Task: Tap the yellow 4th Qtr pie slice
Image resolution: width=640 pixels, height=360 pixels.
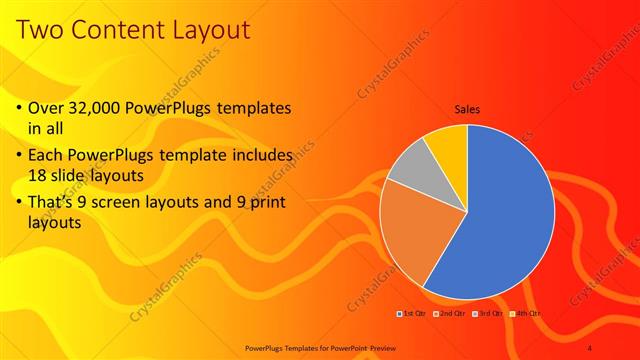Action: point(449,143)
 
